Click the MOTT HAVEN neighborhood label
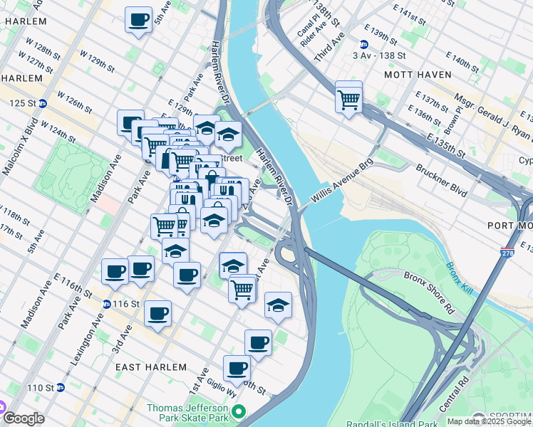[x=418, y=74]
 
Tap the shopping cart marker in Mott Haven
[x=348, y=98]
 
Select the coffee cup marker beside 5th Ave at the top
[x=139, y=20]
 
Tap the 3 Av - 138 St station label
[x=379, y=55]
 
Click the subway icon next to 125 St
[x=43, y=103]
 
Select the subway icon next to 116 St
[x=106, y=304]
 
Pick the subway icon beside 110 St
[x=61, y=388]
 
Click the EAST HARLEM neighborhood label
[x=151, y=367]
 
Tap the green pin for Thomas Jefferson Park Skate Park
[x=239, y=412]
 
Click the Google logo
[x=24, y=418]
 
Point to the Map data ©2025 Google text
[x=488, y=421]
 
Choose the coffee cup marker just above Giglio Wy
[x=237, y=369]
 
